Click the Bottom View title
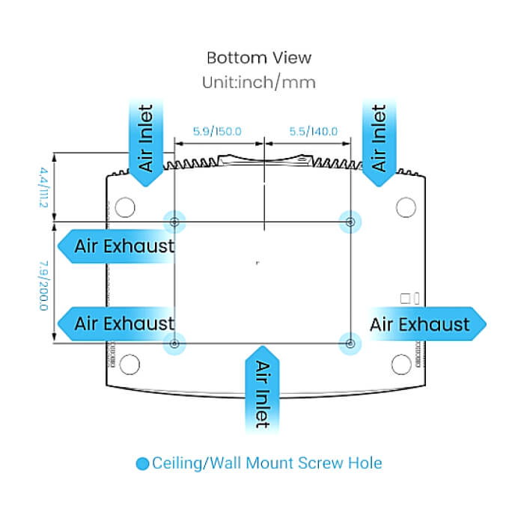(x=259, y=58)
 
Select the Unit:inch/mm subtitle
(x=259, y=82)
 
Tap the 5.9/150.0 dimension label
(x=217, y=131)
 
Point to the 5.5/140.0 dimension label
(x=314, y=131)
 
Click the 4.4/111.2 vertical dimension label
(x=43, y=187)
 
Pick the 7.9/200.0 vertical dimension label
(x=43, y=286)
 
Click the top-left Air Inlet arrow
(x=146, y=143)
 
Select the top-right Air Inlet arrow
(x=379, y=143)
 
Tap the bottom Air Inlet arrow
(x=262, y=390)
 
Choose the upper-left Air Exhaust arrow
(x=116, y=246)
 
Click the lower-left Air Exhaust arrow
(x=116, y=324)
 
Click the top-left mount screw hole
(x=174, y=222)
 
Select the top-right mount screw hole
(x=350, y=222)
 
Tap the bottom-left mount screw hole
(x=174, y=344)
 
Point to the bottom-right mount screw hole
(x=350, y=344)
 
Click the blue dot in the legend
(x=142, y=463)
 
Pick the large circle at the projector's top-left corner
(x=125, y=207)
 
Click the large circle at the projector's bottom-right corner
(x=401, y=365)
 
